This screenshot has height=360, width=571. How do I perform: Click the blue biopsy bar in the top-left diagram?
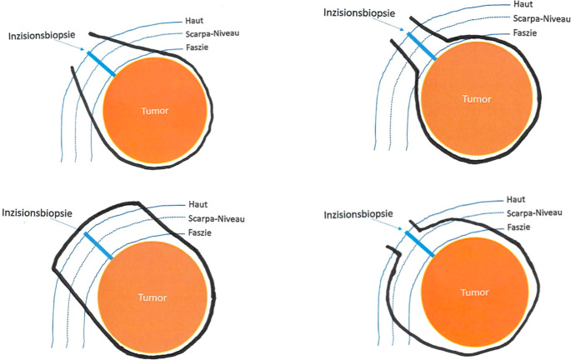pyautogui.click(x=101, y=63)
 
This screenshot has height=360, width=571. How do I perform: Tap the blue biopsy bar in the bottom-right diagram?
pyautogui.click(x=418, y=244)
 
